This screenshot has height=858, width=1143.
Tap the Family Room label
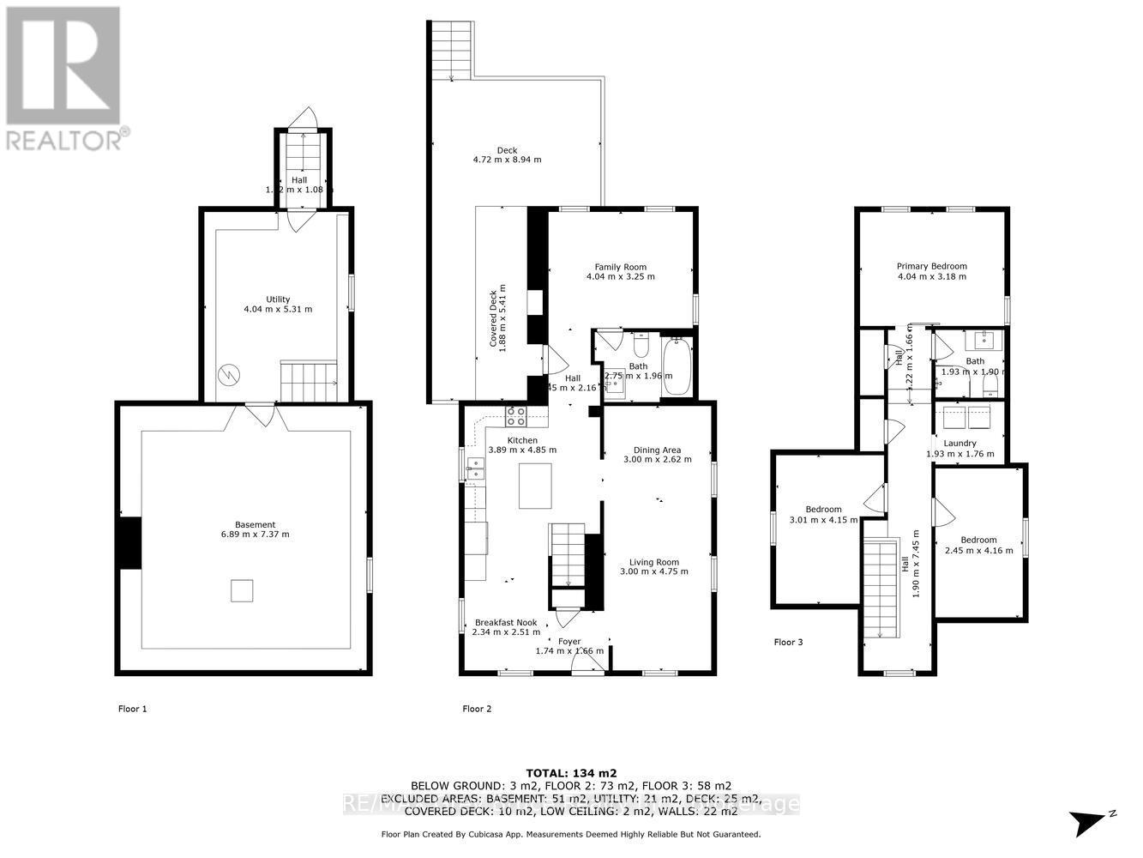pos(620,267)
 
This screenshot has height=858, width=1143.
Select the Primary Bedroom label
pos(931,266)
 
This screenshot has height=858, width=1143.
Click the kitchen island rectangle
pos(535,486)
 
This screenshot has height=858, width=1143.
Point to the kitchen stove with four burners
pos(516,416)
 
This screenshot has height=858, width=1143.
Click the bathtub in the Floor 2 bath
pos(677,366)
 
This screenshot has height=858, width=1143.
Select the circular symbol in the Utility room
pos(229,375)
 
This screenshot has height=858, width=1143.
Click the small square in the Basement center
pos(242,591)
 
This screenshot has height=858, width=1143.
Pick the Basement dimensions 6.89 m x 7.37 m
pos(256,535)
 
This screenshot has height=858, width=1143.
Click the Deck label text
pos(507,150)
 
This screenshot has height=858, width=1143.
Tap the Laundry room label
pos(960,444)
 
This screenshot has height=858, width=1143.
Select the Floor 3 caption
pos(788,642)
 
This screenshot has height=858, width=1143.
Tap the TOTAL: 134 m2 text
pos(570,772)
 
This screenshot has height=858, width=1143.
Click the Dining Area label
pos(657,450)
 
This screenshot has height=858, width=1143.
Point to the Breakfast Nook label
pos(506,623)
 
